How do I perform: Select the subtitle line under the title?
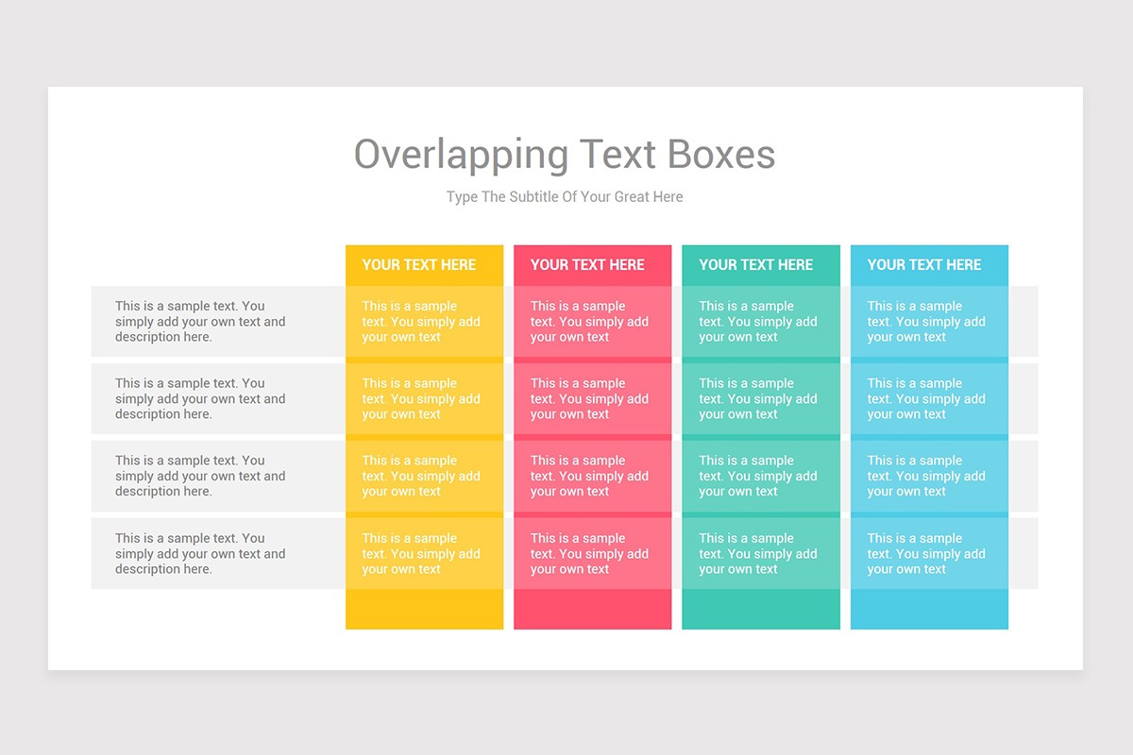[565, 197]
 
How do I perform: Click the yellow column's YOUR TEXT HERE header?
[419, 265]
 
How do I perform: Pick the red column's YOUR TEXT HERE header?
[587, 265]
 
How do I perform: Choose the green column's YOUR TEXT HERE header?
[755, 265]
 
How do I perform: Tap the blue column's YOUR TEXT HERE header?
[924, 265]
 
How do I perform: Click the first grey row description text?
[200, 321]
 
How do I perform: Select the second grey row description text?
[200, 398]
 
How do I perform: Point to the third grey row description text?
[200, 476]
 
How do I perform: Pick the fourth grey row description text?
[200, 553]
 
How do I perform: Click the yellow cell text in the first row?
[421, 321]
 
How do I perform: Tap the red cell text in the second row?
[589, 398]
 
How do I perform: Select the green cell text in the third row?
[758, 476]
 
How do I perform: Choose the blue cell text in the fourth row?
[926, 553]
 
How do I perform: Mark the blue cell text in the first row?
[926, 321]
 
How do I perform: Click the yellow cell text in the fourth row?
[421, 553]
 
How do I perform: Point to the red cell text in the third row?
[589, 476]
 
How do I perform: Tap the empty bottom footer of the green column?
[761, 610]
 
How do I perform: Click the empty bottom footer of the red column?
[592, 610]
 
